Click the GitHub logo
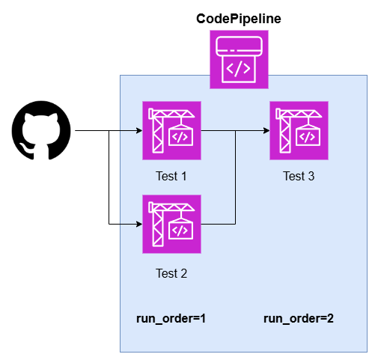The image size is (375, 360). (41, 130)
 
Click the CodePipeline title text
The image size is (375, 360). (239, 19)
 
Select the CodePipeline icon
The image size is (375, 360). (239, 59)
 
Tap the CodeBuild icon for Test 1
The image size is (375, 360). (171, 130)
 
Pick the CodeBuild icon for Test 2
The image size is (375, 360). (171, 224)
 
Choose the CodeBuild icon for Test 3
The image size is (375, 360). (299, 130)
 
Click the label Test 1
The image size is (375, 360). (171, 176)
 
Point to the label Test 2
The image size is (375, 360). (171, 273)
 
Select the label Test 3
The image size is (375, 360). (299, 176)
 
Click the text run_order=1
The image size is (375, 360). (171, 319)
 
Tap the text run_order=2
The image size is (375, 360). (299, 319)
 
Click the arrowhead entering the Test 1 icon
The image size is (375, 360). (139, 130)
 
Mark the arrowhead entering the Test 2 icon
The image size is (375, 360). (139, 224)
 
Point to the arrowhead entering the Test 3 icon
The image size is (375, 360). (266, 130)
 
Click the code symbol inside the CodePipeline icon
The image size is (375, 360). (238, 68)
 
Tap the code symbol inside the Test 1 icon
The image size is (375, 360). (180, 137)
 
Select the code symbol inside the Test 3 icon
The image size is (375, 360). (308, 137)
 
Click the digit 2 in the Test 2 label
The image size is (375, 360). (184, 273)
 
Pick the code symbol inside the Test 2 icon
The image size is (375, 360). (180, 231)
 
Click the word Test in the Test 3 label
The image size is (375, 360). (294, 176)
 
